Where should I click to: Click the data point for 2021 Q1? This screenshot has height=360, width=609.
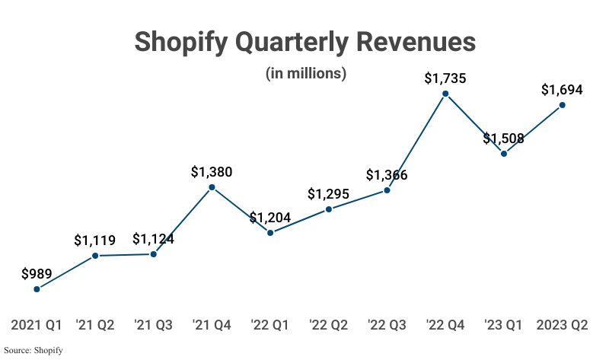click(x=37, y=289)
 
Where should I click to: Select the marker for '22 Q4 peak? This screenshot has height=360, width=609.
click(x=445, y=94)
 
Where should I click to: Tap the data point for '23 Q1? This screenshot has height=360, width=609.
click(x=504, y=154)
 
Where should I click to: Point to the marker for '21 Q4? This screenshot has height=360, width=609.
click(x=212, y=187)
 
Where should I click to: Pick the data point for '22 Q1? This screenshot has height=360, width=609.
click(x=270, y=233)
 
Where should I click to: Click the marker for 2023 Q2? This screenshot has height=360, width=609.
click(x=562, y=105)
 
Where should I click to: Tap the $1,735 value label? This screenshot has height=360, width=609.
click(x=445, y=78)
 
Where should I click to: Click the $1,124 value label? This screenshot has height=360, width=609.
click(x=153, y=240)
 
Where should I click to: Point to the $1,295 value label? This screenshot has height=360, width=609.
click(x=328, y=193)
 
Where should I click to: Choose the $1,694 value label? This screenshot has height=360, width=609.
click(x=562, y=89)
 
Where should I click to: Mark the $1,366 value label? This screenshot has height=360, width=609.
click(x=387, y=175)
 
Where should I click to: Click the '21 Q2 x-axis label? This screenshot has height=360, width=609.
click(x=95, y=325)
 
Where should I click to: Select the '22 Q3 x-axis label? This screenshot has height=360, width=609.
click(x=387, y=325)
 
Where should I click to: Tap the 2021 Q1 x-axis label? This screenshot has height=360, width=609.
click(x=37, y=325)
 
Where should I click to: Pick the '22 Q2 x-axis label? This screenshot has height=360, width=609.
click(x=328, y=325)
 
